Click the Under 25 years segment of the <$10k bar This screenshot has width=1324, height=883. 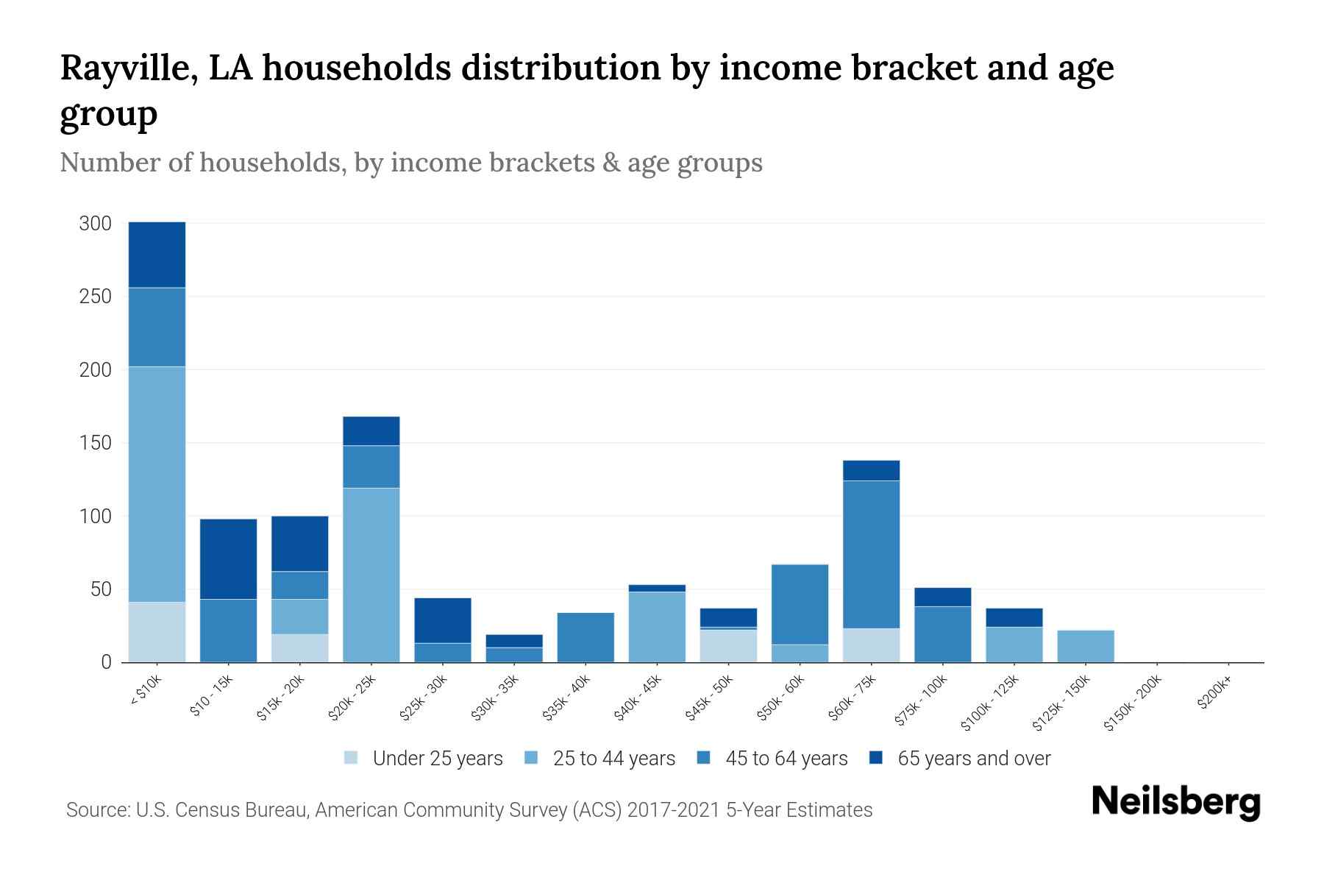[157, 632]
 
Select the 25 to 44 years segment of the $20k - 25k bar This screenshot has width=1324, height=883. [371, 575]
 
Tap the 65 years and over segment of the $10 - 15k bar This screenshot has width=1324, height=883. [228, 559]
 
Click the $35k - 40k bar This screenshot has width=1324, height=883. [586, 637]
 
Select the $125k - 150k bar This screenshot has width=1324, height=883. [1085, 646]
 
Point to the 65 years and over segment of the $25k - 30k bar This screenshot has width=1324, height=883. [443, 620]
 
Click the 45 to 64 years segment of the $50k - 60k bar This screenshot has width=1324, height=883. [800, 604]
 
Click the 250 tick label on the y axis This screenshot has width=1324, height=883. [95, 297]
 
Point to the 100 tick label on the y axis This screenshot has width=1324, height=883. [95, 516]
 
